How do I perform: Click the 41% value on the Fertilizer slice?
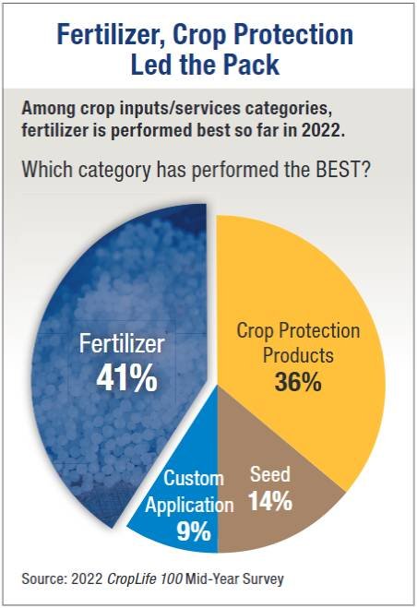click(126, 378)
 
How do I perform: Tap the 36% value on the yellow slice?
click(298, 382)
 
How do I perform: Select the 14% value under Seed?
click(270, 501)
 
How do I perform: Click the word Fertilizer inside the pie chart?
click(122, 343)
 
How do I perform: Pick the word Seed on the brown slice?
click(270, 474)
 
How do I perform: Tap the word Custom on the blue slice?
click(194, 478)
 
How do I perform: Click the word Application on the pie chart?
click(189, 506)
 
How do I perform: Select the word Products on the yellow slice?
click(298, 355)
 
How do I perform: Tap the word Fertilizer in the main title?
click(112, 34)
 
